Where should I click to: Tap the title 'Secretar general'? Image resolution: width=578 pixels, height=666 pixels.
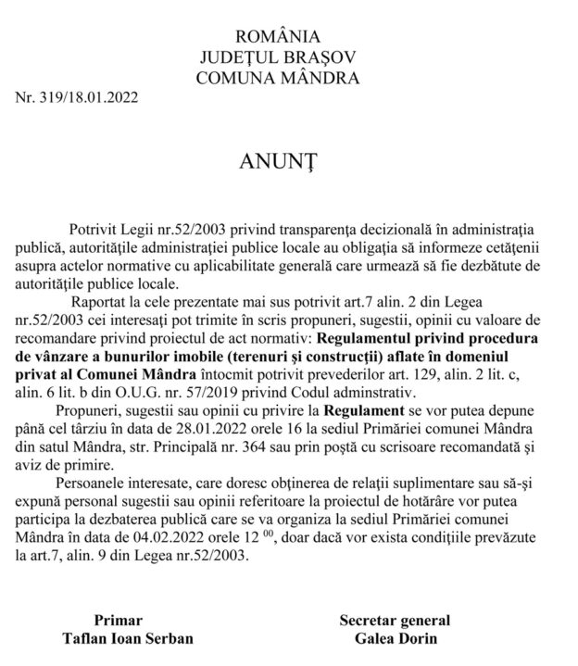pos(395,620)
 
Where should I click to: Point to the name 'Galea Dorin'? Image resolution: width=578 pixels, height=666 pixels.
pos(395,638)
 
